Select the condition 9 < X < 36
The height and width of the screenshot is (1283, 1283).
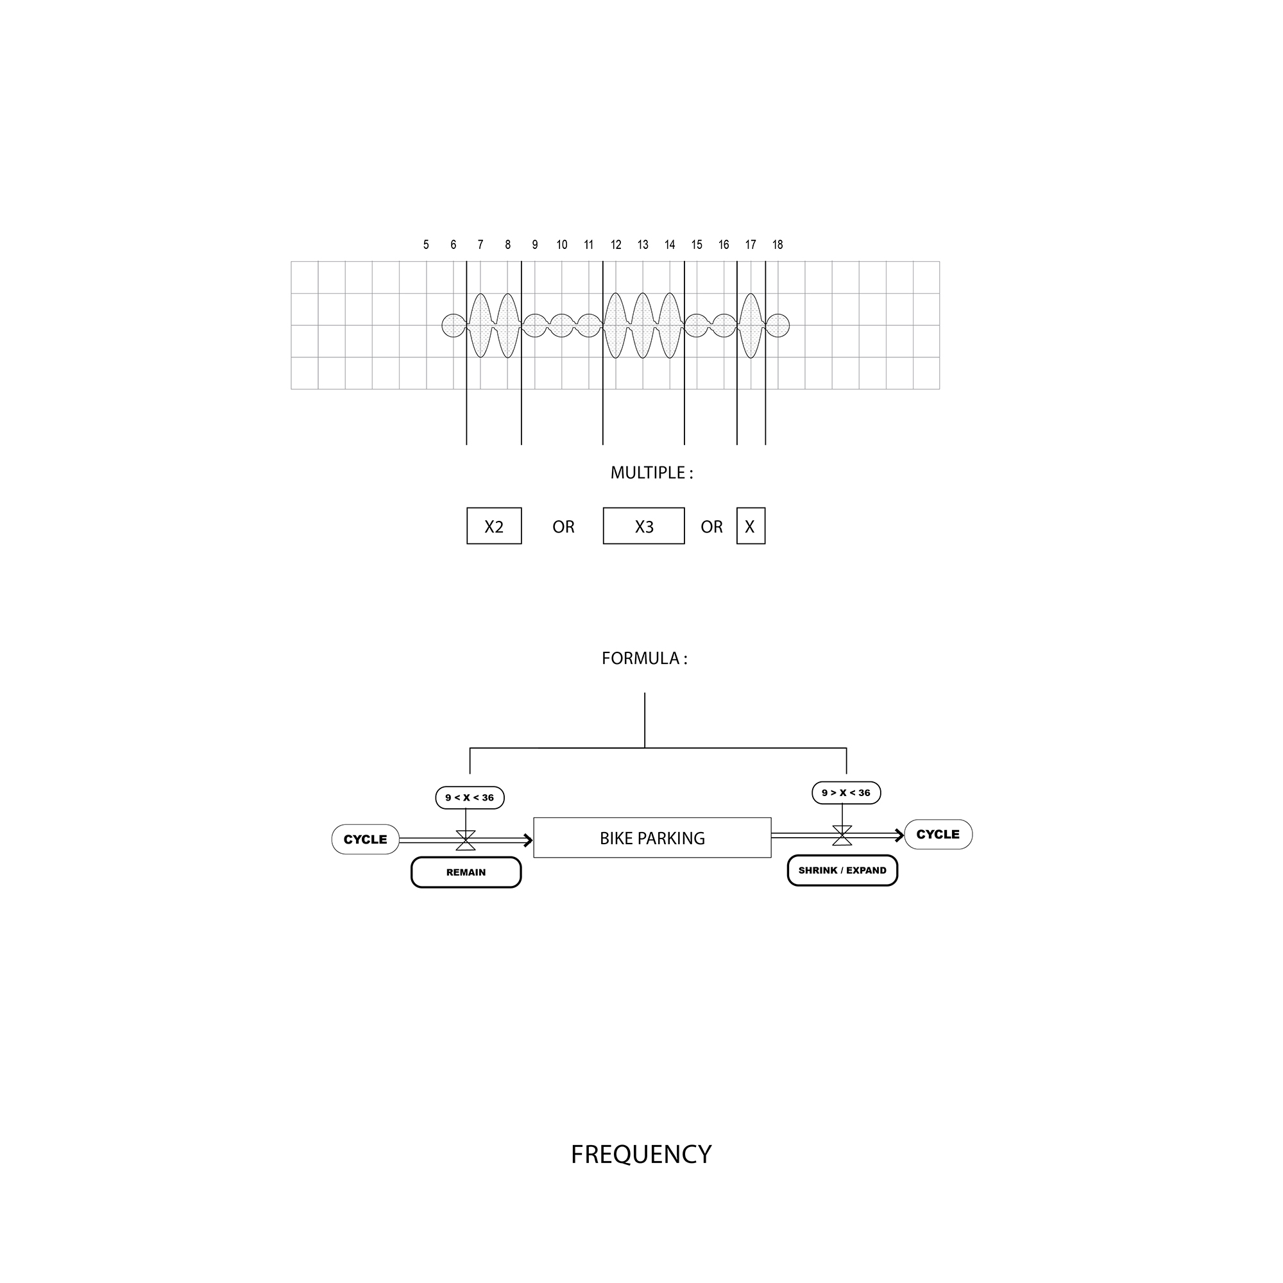[470, 797]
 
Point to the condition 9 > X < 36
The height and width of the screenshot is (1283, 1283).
[846, 792]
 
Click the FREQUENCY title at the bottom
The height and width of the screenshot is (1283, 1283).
[641, 1154]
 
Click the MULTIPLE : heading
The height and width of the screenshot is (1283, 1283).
[652, 473]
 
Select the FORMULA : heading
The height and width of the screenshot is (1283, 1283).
[644, 658]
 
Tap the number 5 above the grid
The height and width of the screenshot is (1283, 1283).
[426, 244]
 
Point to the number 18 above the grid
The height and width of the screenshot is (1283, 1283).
[777, 244]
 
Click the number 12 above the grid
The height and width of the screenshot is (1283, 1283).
[616, 244]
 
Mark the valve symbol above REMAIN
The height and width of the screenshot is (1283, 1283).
[466, 840]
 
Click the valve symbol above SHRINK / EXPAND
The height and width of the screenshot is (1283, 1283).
[842, 835]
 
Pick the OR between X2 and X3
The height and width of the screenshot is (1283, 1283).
[563, 527]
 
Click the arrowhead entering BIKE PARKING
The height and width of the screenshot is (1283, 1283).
[529, 841]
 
